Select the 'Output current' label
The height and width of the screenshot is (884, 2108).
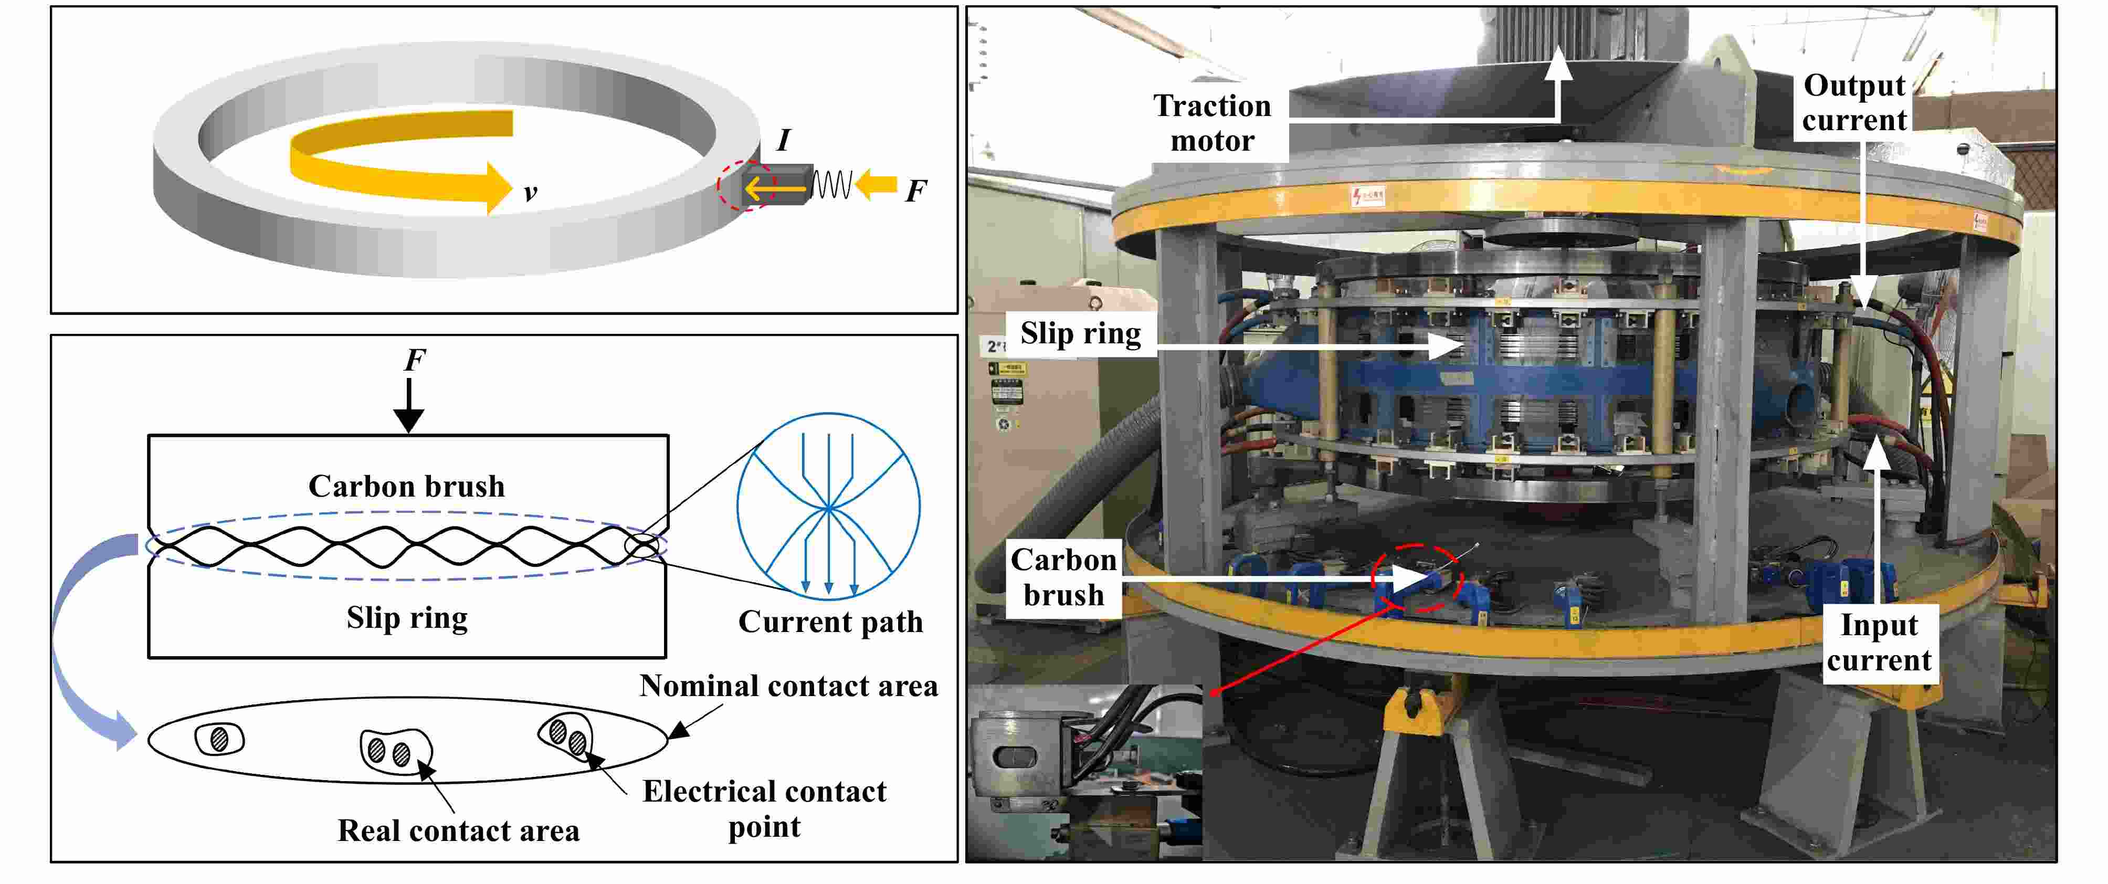click(1854, 102)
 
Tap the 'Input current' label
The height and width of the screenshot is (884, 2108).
click(1879, 643)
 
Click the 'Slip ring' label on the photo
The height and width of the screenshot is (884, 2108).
click(1080, 333)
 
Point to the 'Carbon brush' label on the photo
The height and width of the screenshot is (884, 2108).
click(1063, 577)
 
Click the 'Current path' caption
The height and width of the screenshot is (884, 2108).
click(830, 622)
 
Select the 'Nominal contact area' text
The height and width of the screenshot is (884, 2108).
click(788, 686)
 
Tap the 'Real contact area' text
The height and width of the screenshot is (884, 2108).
click(458, 831)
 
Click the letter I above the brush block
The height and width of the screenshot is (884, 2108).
click(783, 140)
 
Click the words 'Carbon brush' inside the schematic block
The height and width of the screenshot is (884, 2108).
click(407, 486)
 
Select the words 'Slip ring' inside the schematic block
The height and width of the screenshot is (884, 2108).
click(407, 618)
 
